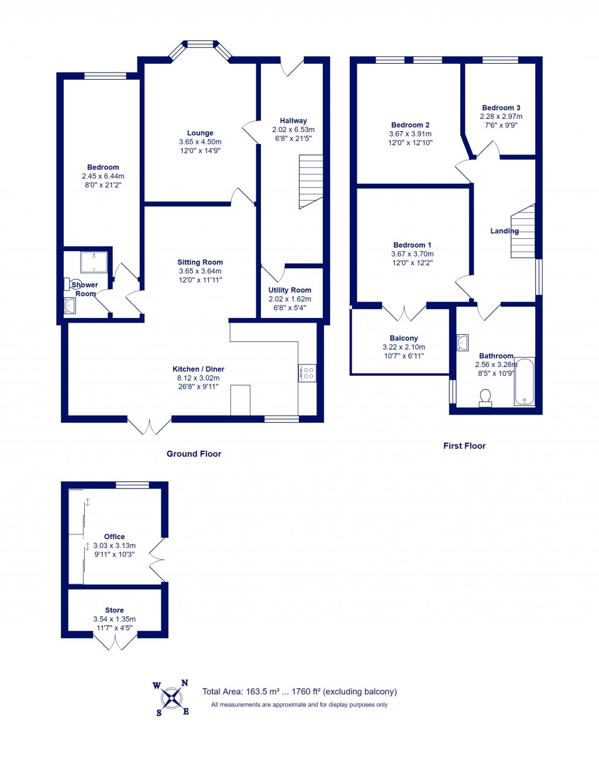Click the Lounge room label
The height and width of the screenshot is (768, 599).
(x=200, y=133)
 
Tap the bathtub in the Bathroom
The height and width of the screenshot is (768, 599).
(x=524, y=382)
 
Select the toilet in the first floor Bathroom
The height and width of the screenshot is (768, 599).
(x=485, y=398)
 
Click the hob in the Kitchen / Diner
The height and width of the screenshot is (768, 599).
(x=308, y=373)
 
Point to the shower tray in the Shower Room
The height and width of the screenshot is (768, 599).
(x=94, y=262)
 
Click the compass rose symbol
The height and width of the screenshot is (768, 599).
(x=171, y=698)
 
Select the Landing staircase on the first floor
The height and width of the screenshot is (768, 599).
(x=523, y=231)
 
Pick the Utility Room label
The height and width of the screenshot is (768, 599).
(x=290, y=290)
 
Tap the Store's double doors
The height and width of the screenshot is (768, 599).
(x=115, y=642)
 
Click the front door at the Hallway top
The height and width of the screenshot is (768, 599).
(x=292, y=67)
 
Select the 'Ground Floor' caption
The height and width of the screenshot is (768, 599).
(x=194, y=454)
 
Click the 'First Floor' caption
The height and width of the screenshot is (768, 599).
(x=464, y=446)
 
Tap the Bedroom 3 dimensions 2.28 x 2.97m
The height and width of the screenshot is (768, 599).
(x=501, y=116)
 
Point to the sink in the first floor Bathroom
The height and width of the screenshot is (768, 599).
(x=462, y=342)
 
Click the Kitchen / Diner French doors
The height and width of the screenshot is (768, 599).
(x=149, y=426)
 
